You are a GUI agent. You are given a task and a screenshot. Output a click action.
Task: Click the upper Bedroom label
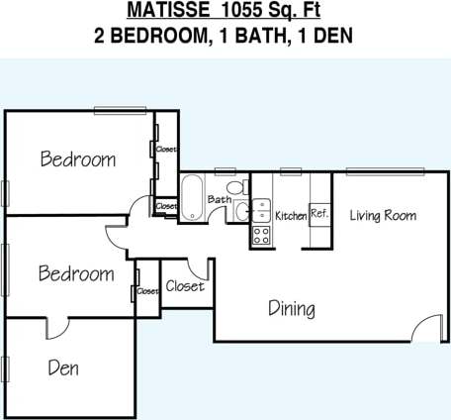77,158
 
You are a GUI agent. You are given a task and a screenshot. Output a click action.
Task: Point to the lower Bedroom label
75,273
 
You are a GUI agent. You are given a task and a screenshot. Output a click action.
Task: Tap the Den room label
63,368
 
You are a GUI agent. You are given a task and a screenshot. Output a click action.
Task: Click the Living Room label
383,215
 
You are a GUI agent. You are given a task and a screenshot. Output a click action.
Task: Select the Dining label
292,309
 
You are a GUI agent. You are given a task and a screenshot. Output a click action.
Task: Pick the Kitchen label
291,216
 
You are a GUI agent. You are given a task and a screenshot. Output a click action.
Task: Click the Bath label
219,200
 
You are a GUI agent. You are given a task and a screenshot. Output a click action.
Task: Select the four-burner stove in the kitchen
262,235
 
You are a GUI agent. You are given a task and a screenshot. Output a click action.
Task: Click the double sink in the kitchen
262,210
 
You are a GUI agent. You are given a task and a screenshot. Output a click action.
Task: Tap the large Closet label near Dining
185,286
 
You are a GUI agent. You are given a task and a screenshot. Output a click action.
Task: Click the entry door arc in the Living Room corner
428,328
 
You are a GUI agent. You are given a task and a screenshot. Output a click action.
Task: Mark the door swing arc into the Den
57,327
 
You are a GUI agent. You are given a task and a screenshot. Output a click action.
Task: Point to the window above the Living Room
379,171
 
